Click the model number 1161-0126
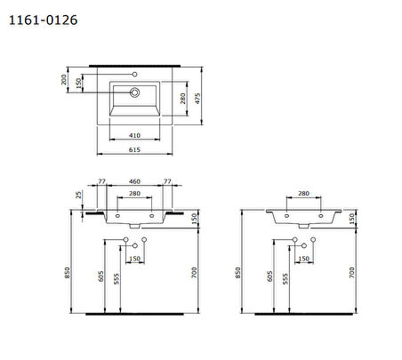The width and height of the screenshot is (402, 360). click(44, 20)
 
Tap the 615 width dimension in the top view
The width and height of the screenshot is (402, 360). click(134, 149)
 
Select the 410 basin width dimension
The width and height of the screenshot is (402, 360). click(134, 135)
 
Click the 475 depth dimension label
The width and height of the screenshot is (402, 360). click(197, 99)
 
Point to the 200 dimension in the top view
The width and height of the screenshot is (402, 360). click(64, 80)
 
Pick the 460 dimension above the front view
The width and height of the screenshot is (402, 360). click(134, 181)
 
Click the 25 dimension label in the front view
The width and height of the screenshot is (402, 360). click(78, 195)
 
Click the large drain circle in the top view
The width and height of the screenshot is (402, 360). click(134, 92)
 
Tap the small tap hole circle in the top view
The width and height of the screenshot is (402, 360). click(134, 74)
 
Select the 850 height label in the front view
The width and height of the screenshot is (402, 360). click(68, 273)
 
